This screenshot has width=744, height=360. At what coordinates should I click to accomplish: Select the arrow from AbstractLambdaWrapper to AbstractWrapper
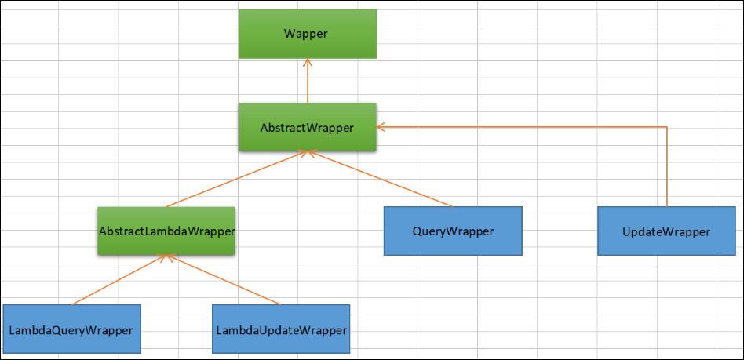(x=235, y=180)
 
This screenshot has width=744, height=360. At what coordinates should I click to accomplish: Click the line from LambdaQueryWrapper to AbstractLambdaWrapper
(x=118, y=280)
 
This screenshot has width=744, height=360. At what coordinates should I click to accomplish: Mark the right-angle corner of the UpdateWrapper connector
(x=666, y=127)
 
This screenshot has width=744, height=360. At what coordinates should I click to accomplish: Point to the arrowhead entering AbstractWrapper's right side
(x=381, y=127)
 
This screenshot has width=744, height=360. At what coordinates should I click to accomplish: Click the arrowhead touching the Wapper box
(x=308, y=62)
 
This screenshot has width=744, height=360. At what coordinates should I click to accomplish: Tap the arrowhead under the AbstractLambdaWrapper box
(x=166, y=258)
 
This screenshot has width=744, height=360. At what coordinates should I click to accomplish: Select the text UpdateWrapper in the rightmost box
(x=666, y=231)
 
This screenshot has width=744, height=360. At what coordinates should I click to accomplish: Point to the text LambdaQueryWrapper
(x=71, y=329)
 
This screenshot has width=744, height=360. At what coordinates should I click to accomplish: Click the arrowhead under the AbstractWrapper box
(x=305, y=155)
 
